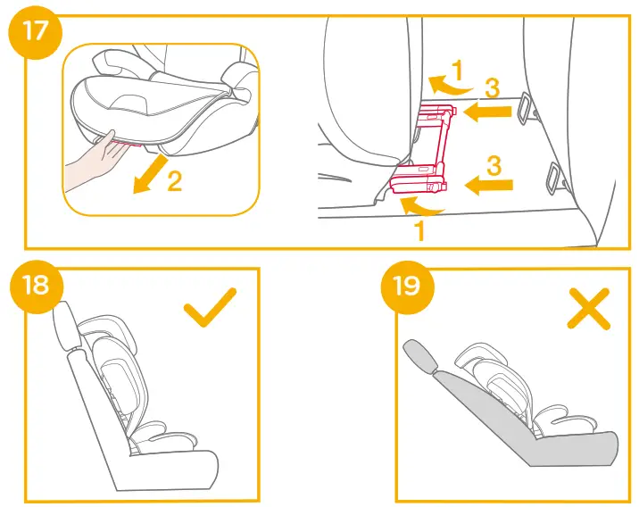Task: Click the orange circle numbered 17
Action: click(x=34, y=33)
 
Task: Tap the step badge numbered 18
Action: click(x=35, y=287)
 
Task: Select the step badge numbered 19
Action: click(x=407, y=287)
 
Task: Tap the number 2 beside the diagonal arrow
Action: click(x=174, y=181)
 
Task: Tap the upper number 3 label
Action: click(x=493, y=87)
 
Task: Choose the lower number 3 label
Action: click(x=493, y=164)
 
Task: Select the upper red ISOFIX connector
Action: click(x=439, y=113)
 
